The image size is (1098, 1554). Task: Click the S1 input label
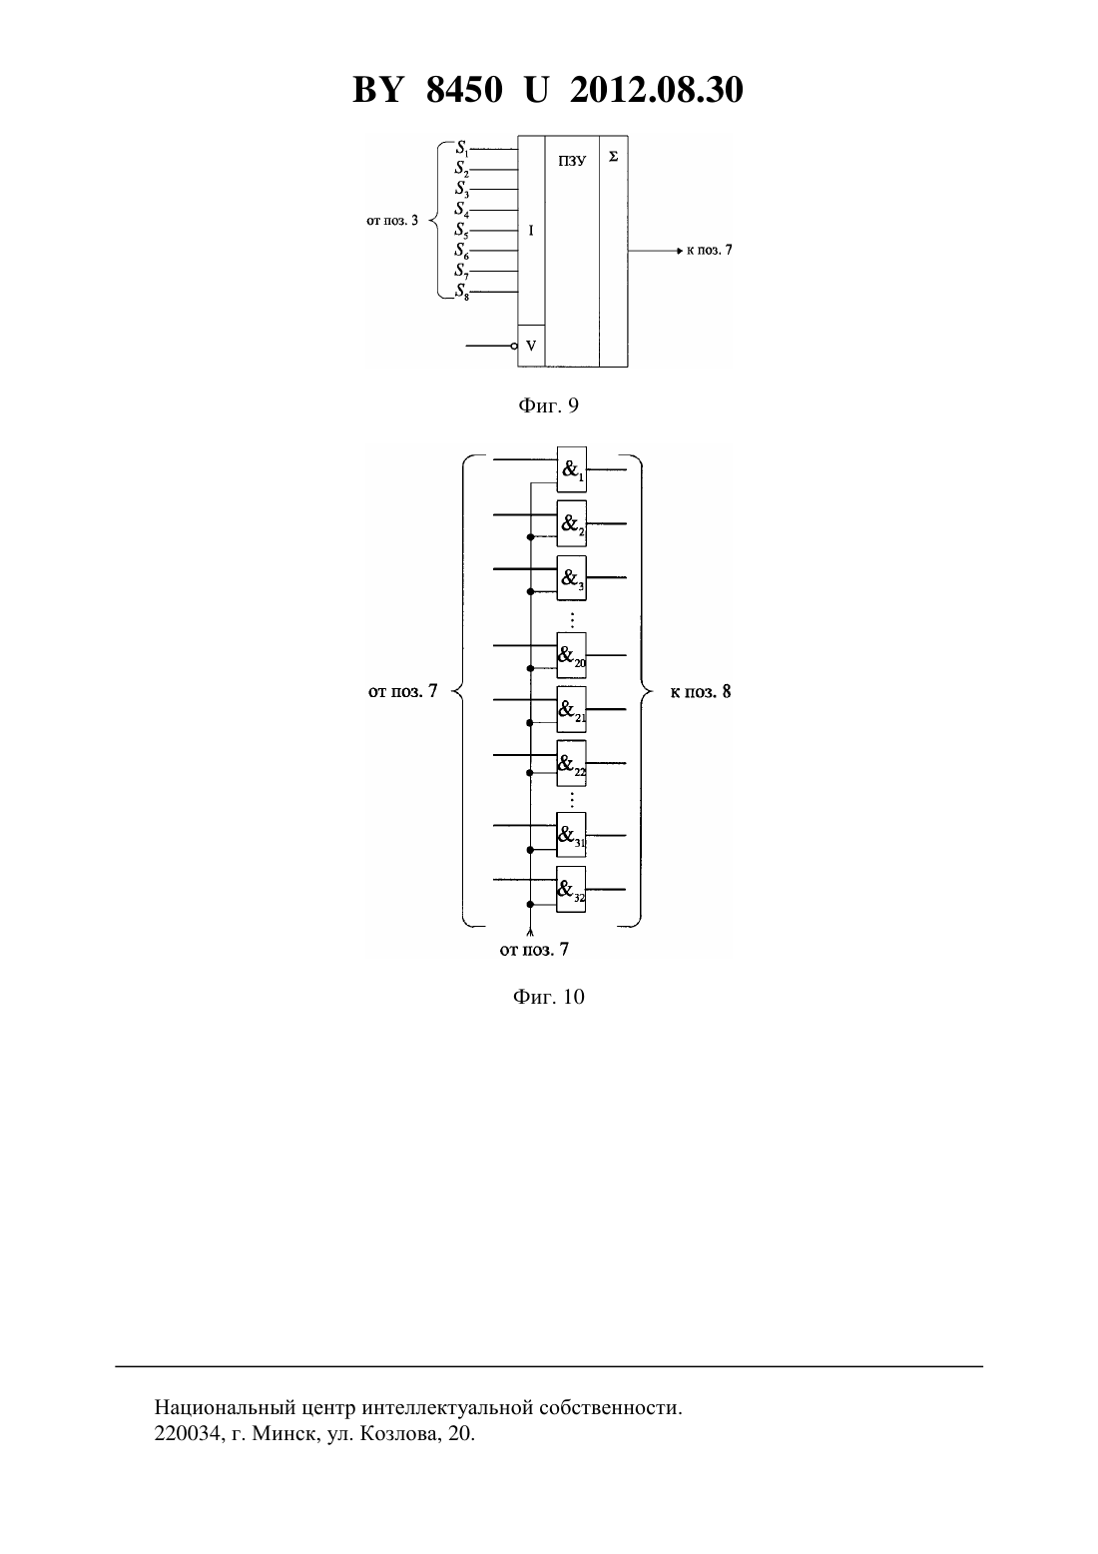click(x=461, y=149)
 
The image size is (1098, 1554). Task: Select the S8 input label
click(x=461, y=292)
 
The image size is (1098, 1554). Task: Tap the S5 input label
click(x=461, y=231)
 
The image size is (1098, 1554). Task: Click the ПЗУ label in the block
click(x=572, y=161)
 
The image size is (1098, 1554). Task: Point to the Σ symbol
click(x=613, y=158)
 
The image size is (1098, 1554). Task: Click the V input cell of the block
click(x=531, y=346)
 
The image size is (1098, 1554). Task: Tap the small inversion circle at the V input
click(x=514, y=346)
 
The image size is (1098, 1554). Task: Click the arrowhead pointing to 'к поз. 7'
click(x=680, y=251)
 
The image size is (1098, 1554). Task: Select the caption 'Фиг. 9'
click(x=548, y=405)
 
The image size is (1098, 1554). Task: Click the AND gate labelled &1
click(x=571, y=469)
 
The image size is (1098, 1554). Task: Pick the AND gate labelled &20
click(x=571, y=655)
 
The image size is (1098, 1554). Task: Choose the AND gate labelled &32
click(x=571, y=890)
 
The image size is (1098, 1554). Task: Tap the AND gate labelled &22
click(x=571, y=763)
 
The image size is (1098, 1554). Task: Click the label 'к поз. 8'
click(x=700, y=692)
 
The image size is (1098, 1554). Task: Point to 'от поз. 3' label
click(x=392, y=222)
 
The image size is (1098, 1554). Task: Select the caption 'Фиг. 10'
click(x=548, y=997)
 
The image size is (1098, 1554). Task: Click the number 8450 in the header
click(x=464, y=90)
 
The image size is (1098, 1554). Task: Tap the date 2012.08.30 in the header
click(x=657, y=90)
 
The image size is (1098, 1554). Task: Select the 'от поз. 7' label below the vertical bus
click(x=534, y=949)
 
